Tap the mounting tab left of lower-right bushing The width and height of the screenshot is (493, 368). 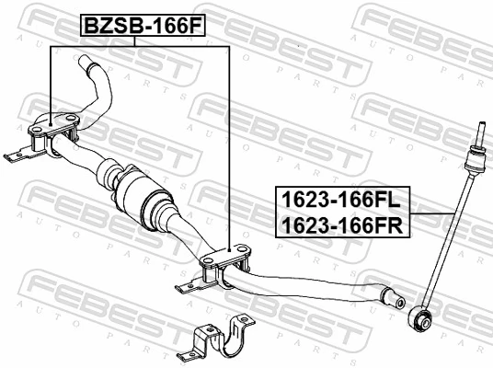tap(189, 287)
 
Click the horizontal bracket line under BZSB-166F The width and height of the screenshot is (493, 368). tap(138, 47)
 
